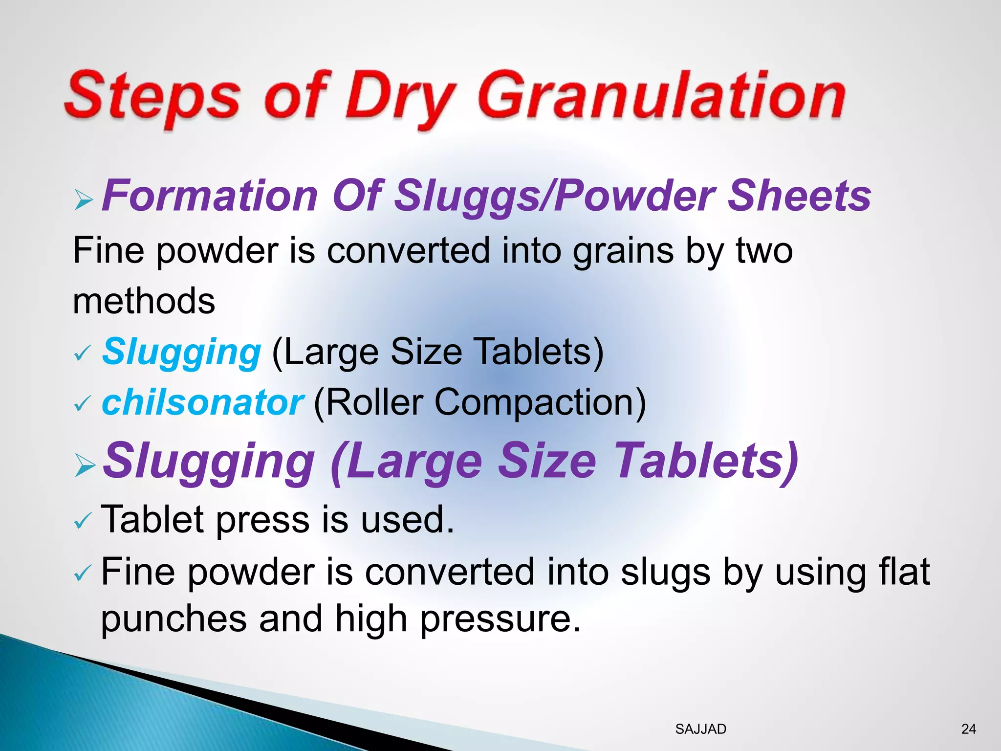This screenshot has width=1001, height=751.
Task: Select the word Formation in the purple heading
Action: click(x=210, y=196)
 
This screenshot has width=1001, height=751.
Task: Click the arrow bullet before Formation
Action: click(x=84, y=200)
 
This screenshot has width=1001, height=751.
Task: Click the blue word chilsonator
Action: click(x=202, y=402)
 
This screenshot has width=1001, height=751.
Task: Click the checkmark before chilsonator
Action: click(x=82, y=404)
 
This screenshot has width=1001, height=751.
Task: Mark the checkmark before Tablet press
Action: click(x=82, y=522)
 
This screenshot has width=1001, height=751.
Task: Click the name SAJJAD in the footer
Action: click(x=700, y=729)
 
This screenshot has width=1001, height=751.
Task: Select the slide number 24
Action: click(x=968, y=729)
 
